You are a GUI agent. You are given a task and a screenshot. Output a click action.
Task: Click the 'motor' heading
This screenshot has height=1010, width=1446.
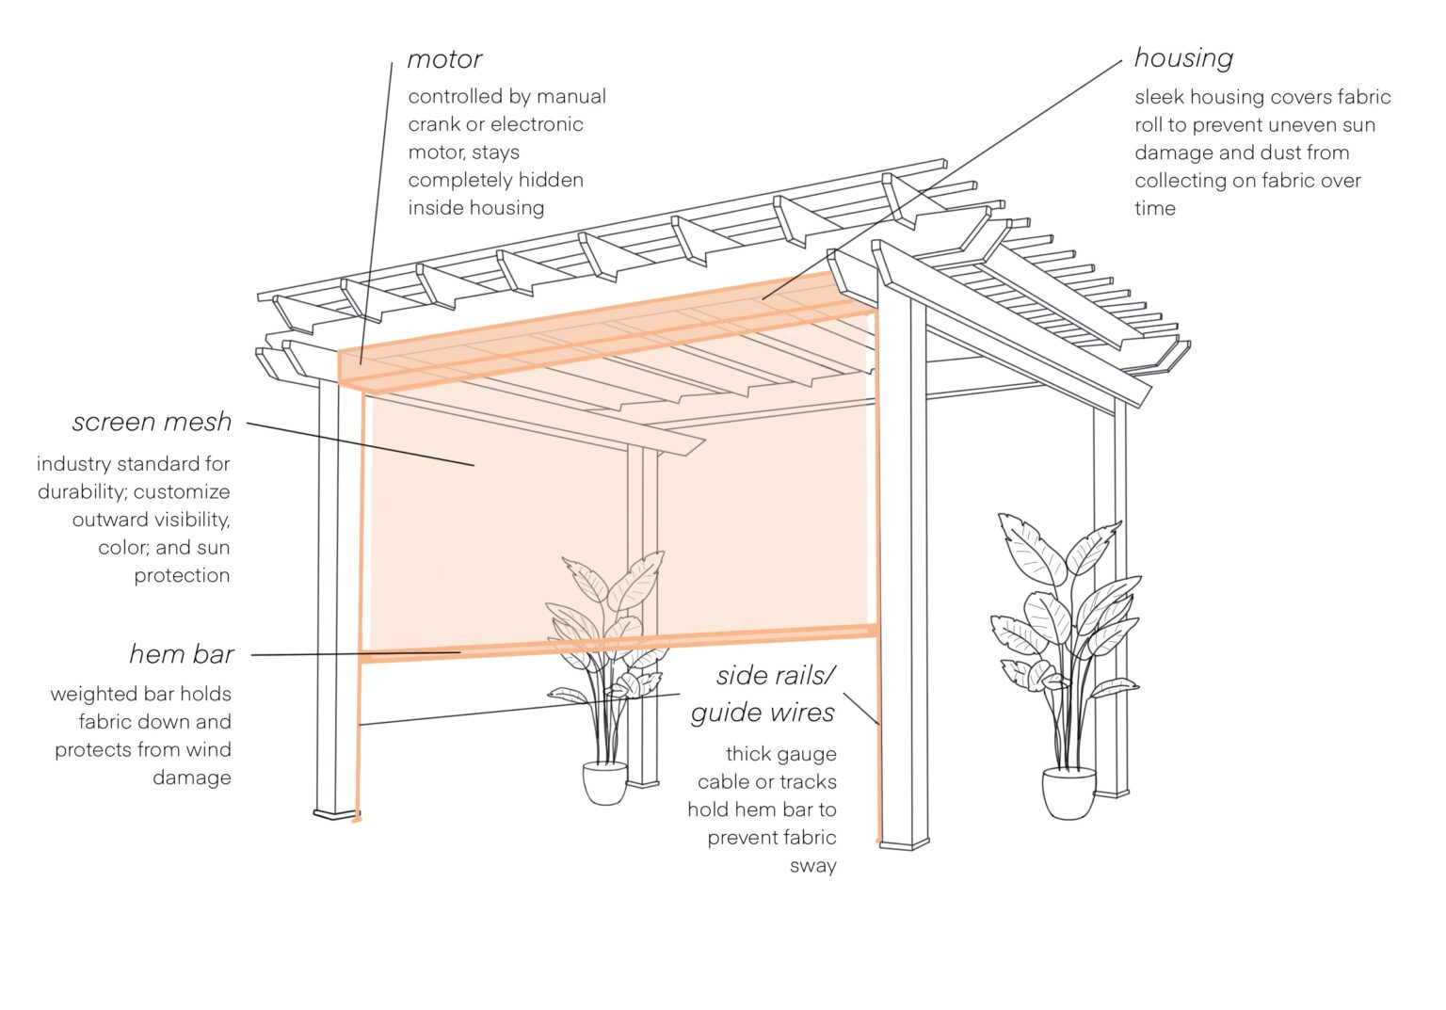[x=444, y=59]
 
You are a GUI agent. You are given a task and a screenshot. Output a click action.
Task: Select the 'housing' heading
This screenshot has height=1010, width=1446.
[x=1183, y=58]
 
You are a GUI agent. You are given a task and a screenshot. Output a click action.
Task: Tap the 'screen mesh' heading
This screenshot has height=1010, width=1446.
[x=152, y=422]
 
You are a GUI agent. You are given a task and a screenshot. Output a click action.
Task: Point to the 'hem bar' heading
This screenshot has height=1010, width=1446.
[x=181, y=654]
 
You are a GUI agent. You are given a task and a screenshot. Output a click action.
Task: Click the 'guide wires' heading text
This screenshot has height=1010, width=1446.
[x=763, y=713]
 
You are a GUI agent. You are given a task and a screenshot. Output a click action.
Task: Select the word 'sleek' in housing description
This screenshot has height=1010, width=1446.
[x=1159, y=97]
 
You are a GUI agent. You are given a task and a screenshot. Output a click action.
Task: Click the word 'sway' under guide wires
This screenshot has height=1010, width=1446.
[x=812, y=866]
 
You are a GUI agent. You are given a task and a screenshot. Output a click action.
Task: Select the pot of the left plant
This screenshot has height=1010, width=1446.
[x=604, y=783]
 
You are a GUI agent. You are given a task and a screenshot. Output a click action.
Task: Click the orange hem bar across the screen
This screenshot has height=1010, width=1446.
[x=621, y=644]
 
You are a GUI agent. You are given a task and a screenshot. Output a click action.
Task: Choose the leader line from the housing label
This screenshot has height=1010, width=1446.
[x=941, y=179]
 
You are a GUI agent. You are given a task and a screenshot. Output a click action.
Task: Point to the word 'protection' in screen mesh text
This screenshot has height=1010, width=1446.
[x=182, y=575]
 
